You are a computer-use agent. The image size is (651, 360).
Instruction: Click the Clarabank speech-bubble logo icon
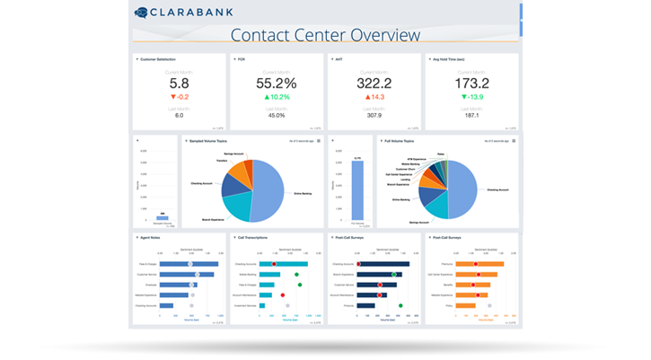[x=142, y=13]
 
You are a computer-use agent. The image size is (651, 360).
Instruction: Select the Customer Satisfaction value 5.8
[x=179, y=83]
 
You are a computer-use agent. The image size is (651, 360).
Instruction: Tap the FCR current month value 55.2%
[x=277, y=83]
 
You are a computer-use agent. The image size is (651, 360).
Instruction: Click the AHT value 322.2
[x=374, y=83]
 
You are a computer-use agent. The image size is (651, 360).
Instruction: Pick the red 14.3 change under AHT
[x=374, y=96]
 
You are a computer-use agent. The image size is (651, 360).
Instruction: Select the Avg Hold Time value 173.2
[x=471, y=83]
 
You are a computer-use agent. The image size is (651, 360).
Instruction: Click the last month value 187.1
[x=471, y=115]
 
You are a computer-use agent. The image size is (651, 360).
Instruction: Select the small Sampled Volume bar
[x=163, y=217]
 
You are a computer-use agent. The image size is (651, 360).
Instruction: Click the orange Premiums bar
[x=479, y=264]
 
